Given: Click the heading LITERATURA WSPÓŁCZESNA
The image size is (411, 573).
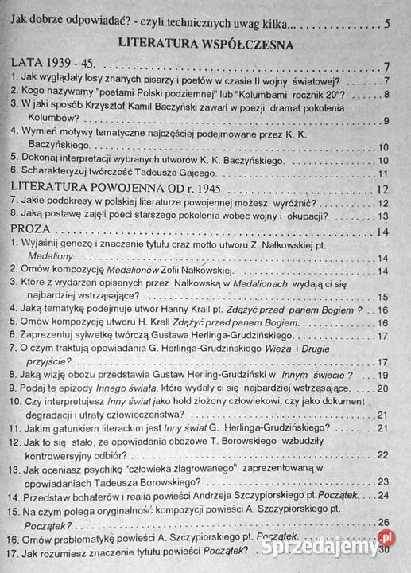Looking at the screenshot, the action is (x=205, y=42).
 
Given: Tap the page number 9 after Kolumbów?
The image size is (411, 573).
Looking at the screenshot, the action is (x=385, y=121).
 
